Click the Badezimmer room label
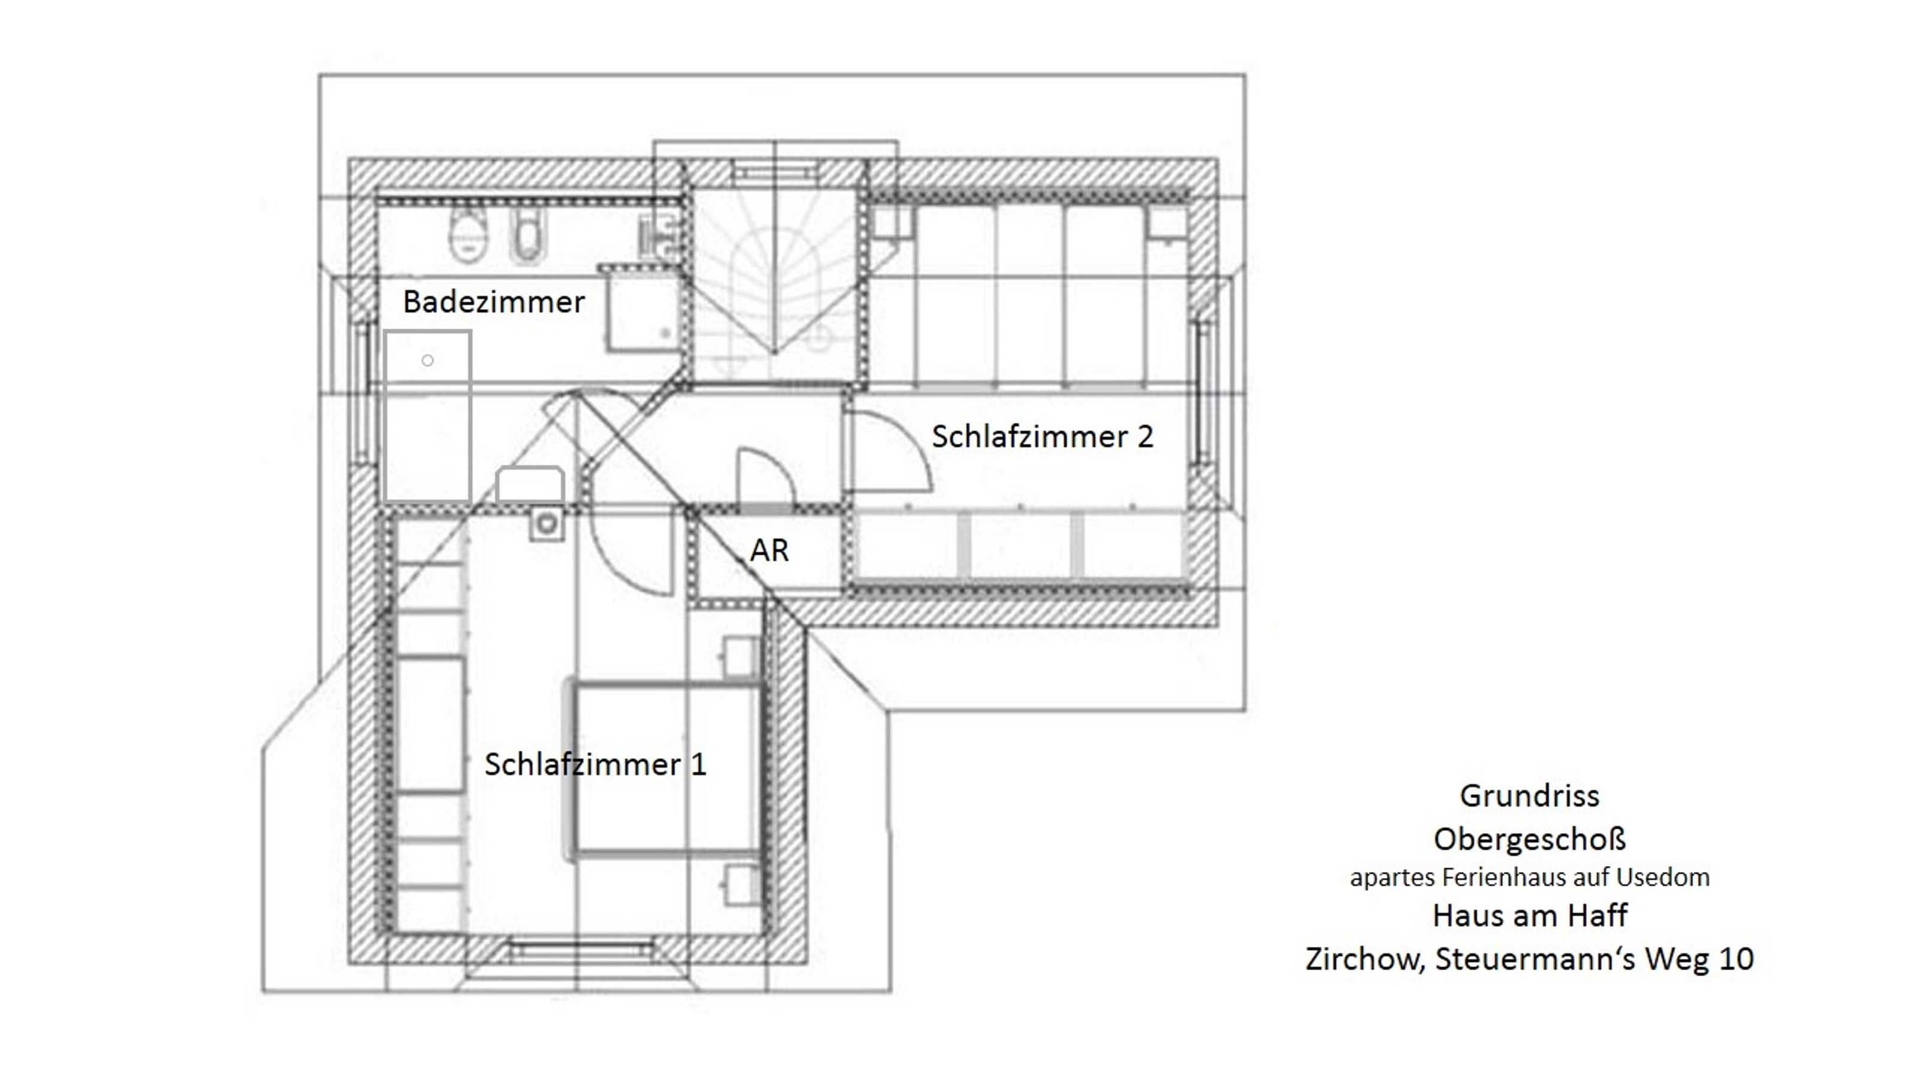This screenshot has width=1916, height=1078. [494, 302]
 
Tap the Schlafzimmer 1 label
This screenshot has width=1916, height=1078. [595, 764]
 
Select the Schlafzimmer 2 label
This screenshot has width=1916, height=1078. [1042, 437]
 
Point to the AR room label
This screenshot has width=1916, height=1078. [769, 550]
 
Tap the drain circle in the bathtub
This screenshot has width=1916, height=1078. [428, 361]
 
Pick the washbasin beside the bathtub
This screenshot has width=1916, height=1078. [529, 485]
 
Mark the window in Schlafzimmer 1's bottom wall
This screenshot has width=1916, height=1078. [581, 950]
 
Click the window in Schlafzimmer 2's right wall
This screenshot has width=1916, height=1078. [1199, 392]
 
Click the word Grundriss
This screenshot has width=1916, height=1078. [1529, 796]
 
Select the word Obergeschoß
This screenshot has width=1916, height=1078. [1529, 839]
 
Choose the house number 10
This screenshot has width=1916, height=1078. [1736, 959]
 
